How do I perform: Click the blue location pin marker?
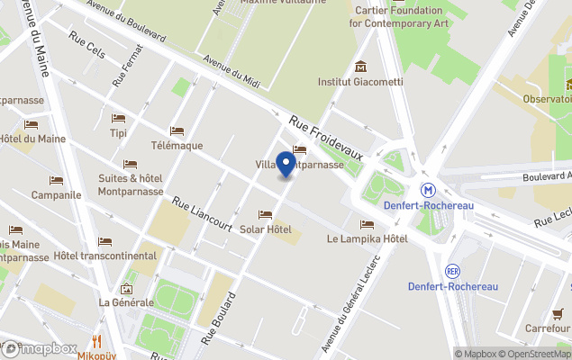coord(286,165)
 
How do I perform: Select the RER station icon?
coord(453,269)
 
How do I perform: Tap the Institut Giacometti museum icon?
coord(360,67)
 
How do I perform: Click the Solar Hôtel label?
coord(266,229)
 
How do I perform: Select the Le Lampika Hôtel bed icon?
coord(367,224)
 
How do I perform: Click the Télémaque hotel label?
coord(177,146)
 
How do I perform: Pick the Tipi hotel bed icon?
coord(118,118)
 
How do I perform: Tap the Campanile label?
coord(57,194)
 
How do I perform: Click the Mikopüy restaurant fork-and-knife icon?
coord(98,340)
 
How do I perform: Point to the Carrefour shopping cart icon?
coord(558,313)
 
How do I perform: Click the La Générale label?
coord(126,302)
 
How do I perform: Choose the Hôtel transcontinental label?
coord(104,256)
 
